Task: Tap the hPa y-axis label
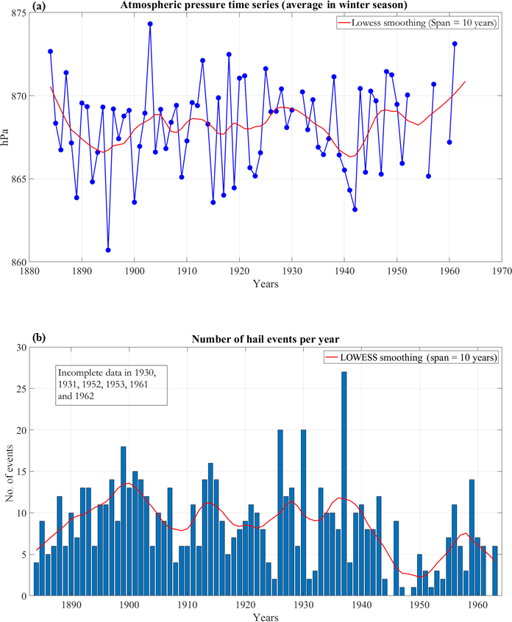[x=7, y=137]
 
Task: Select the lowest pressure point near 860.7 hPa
[x=108, y=250]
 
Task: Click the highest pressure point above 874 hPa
[x=150, y=24]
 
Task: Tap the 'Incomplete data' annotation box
[x=113, y=384]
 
